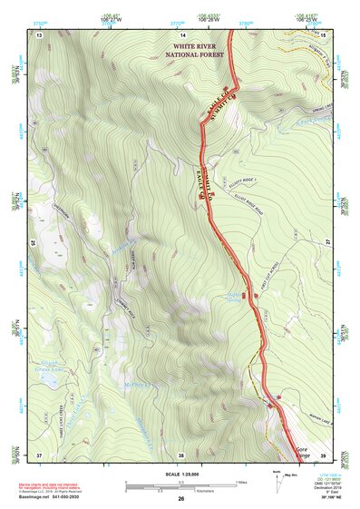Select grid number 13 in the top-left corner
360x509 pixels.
[40, 34]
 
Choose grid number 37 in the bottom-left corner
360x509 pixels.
[39, 455]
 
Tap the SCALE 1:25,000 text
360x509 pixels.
[180, 474]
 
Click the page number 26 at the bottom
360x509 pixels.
[181, 498]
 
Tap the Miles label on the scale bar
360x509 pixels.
[242, 482]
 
